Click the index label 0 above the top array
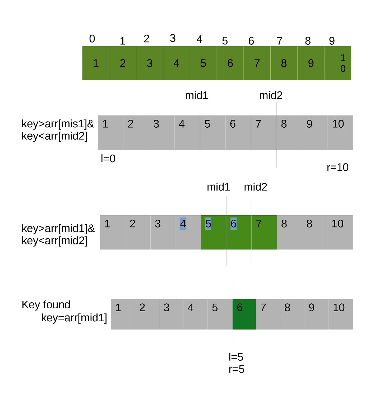[92, 39]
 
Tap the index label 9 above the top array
[332, 41]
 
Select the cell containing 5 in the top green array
[203, 63]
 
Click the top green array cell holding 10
[338, 63]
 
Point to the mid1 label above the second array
[197, 95]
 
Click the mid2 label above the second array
[271, 95]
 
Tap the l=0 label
[108, 159]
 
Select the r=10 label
[337, 167]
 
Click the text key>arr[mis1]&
[58, 124]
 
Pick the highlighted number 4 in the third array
[183, 224]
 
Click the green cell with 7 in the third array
[264, 232]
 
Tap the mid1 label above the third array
[218, 187]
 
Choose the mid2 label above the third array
[255, 187]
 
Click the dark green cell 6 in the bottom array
[244, 314]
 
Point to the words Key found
[46, 305]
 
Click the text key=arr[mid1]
[74, 318]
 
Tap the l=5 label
[236, 357]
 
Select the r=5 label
[237, 369]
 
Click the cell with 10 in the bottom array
[341, 314]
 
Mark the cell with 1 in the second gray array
[110, 132]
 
